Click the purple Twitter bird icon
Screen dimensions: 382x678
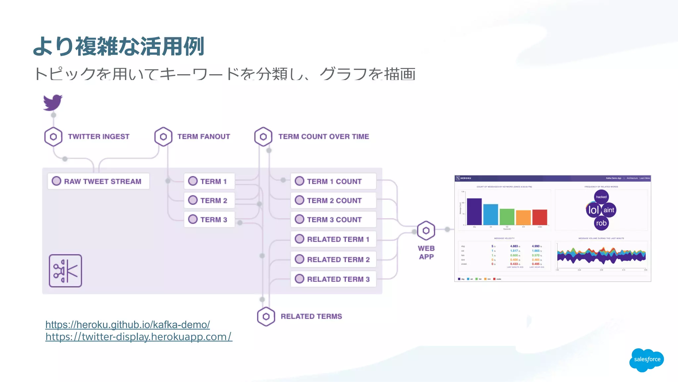(53, 102)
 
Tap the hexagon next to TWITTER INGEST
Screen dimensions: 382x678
(53, 136)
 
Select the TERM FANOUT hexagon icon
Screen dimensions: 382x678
(163, 136)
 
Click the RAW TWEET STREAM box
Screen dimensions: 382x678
(98, 181)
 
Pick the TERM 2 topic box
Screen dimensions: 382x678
(209, 200)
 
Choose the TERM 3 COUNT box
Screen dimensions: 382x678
(333, 220)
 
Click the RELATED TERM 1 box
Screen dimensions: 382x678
(333, 239)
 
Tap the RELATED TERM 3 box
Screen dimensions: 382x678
(333, 279)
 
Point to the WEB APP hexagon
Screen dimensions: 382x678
(426, 231)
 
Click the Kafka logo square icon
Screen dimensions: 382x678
(66, 271)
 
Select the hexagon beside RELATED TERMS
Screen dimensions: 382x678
(266, 316)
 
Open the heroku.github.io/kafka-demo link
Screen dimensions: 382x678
(127, 325)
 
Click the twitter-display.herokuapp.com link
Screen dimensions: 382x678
(139, 337)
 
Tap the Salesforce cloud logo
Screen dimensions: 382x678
(647, 359)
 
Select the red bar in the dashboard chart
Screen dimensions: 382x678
(540, 217)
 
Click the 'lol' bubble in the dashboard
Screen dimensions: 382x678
(593, 210)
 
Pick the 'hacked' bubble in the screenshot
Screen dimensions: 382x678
(601, 197)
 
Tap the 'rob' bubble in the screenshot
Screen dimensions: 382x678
(601, 223)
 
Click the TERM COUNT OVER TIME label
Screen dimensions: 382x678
(323, 136)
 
